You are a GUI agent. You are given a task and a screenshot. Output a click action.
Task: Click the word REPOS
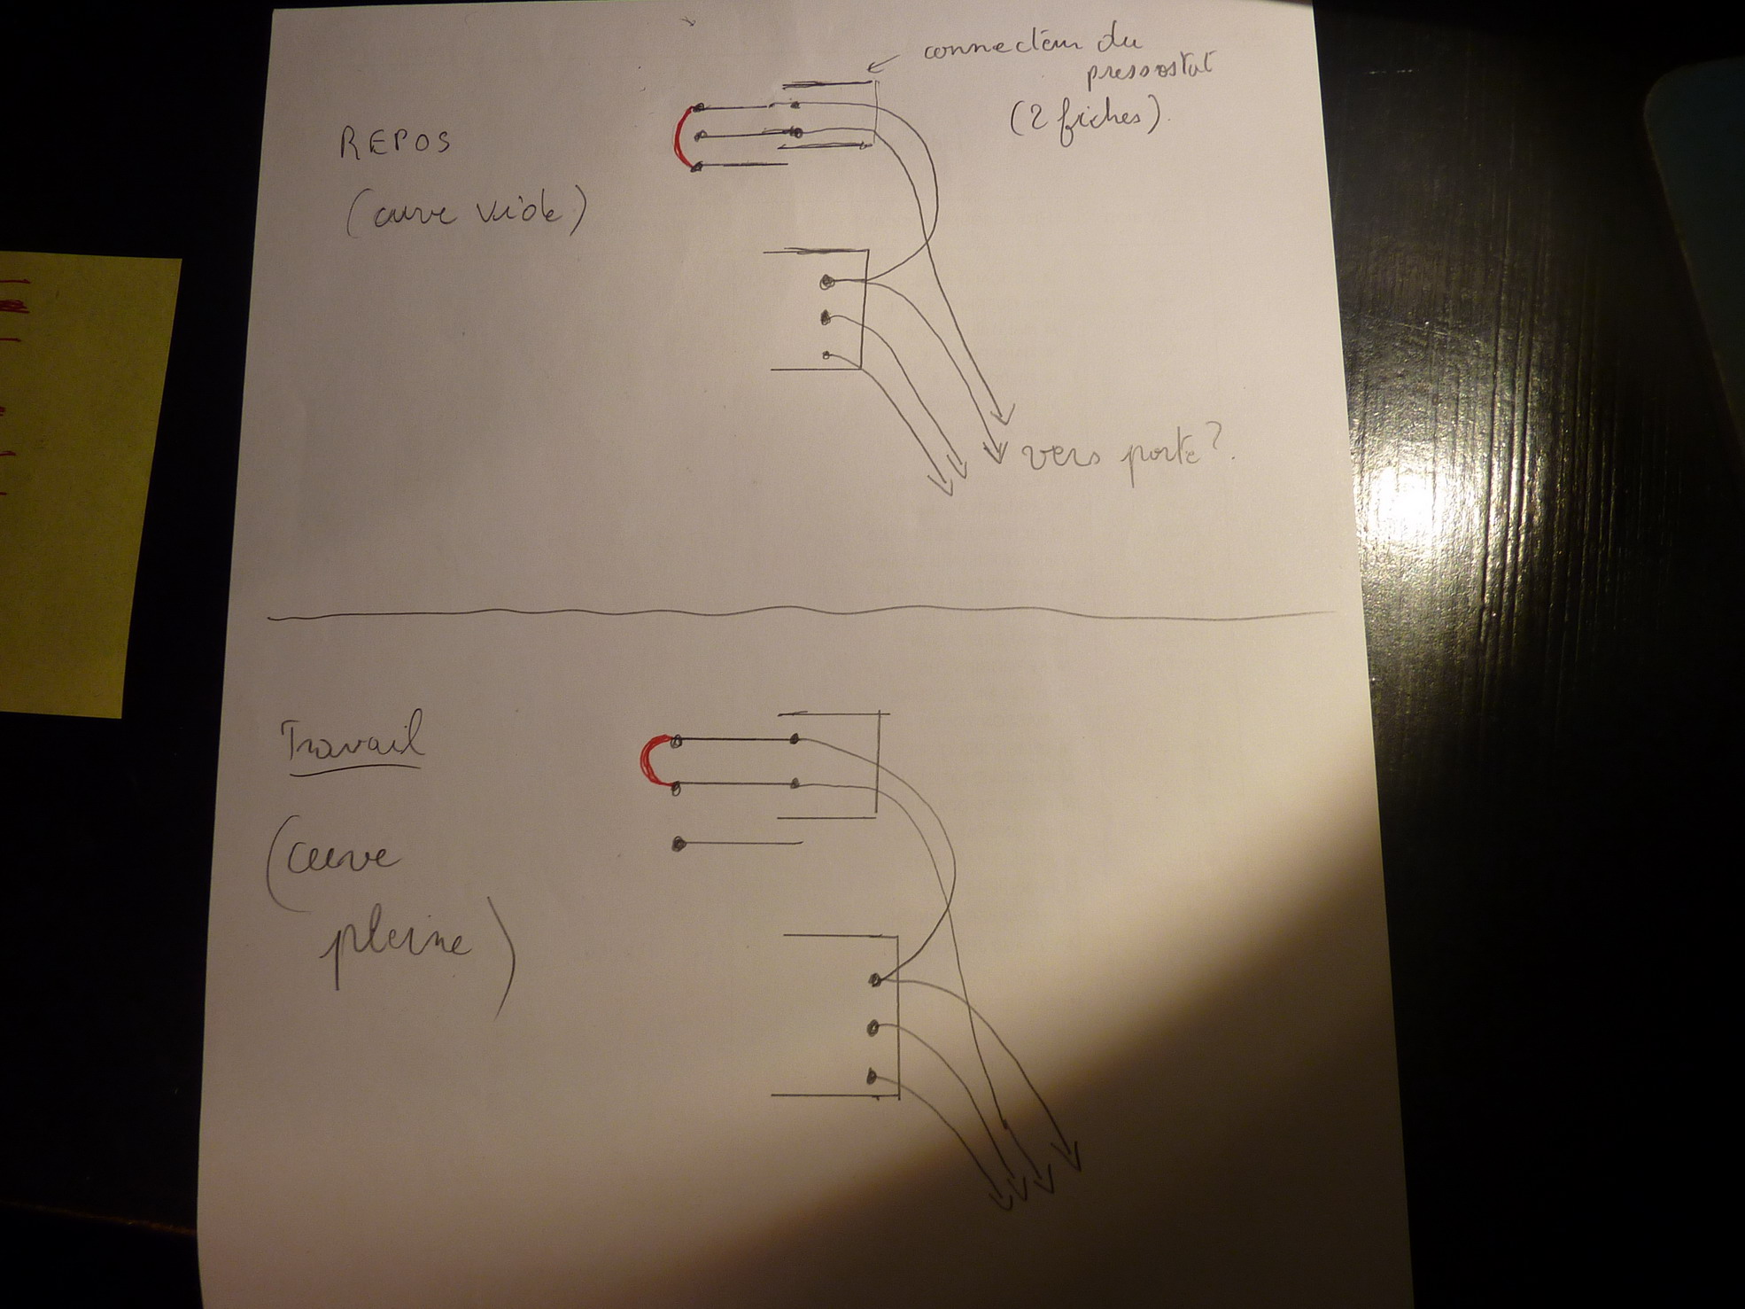(395, 144)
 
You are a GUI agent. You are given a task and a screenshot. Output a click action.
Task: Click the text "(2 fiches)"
(1086, 116)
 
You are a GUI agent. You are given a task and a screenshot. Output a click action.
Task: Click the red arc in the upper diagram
(679, 138)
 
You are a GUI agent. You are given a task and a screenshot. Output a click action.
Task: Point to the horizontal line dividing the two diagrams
(797, 612)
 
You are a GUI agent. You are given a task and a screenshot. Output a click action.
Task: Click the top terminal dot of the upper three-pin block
(827, 283)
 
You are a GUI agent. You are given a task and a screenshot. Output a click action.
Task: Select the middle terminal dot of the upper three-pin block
(826, 316)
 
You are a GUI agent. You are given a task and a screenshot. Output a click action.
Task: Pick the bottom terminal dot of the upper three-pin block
(826, 355)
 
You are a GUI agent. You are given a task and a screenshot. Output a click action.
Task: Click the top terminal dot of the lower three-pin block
(875, 979)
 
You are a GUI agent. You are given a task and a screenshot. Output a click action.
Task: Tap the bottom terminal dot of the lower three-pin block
(872, 1078)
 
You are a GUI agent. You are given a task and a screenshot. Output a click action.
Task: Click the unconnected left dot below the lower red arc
(679, 844)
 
